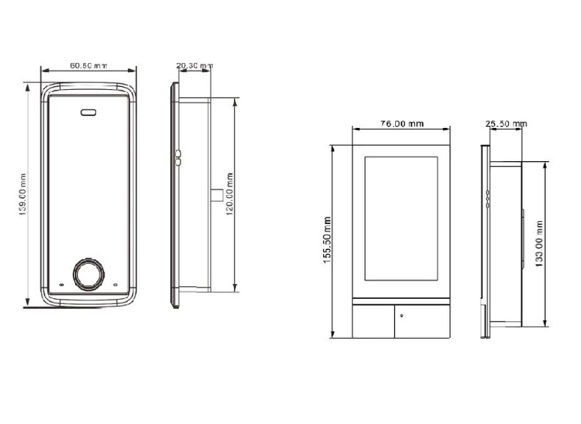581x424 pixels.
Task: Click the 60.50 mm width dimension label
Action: pos(88,65)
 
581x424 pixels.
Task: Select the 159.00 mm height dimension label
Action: pos(23,195)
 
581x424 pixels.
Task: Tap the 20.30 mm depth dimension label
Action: pos(194,66)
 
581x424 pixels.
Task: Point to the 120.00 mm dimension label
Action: pos(229,194)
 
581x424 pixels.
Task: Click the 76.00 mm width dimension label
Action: pos(402,124)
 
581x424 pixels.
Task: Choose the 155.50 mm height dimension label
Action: pos(327,240)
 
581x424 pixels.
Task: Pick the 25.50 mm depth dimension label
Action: pos(506,124)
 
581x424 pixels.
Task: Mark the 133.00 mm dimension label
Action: pos(539,243)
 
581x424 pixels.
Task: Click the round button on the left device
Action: pos(88,274)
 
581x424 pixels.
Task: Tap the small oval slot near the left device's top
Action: pos(88,112)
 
